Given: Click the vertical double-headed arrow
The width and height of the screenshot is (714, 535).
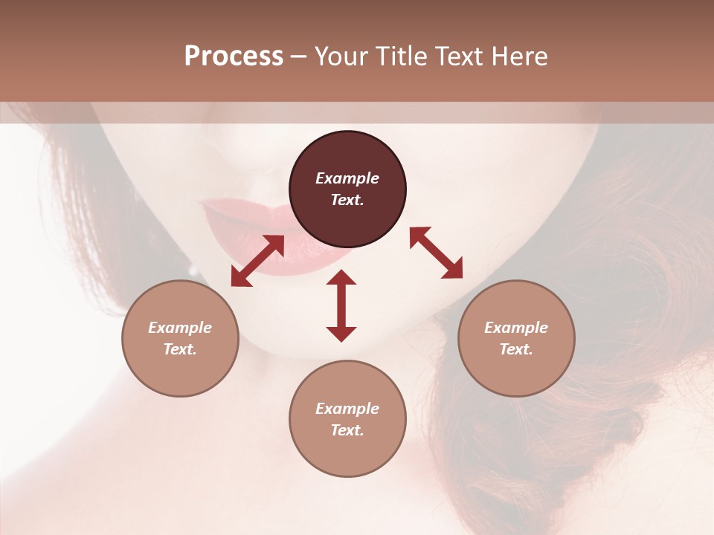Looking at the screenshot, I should (x=341, y=305).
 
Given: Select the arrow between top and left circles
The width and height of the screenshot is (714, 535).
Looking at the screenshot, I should (x=258, y=260).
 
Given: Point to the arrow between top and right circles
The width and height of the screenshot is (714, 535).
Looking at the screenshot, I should (x=437, y=253).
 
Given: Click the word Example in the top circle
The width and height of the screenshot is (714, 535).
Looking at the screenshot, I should (x=347, y=178).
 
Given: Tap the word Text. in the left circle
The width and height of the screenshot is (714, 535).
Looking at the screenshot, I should (x=180, y=349).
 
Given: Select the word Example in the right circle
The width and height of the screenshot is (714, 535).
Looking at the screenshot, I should (x=516, y=328).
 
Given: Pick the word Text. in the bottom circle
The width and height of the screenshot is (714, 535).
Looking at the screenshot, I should (x=347, y=430).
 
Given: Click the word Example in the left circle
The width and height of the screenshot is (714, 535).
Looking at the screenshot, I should (x=180, y=328).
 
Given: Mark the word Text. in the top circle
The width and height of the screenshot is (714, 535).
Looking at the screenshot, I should (x=347, y=200).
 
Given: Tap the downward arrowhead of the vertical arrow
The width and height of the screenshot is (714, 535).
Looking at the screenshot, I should (x=341, y=334).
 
